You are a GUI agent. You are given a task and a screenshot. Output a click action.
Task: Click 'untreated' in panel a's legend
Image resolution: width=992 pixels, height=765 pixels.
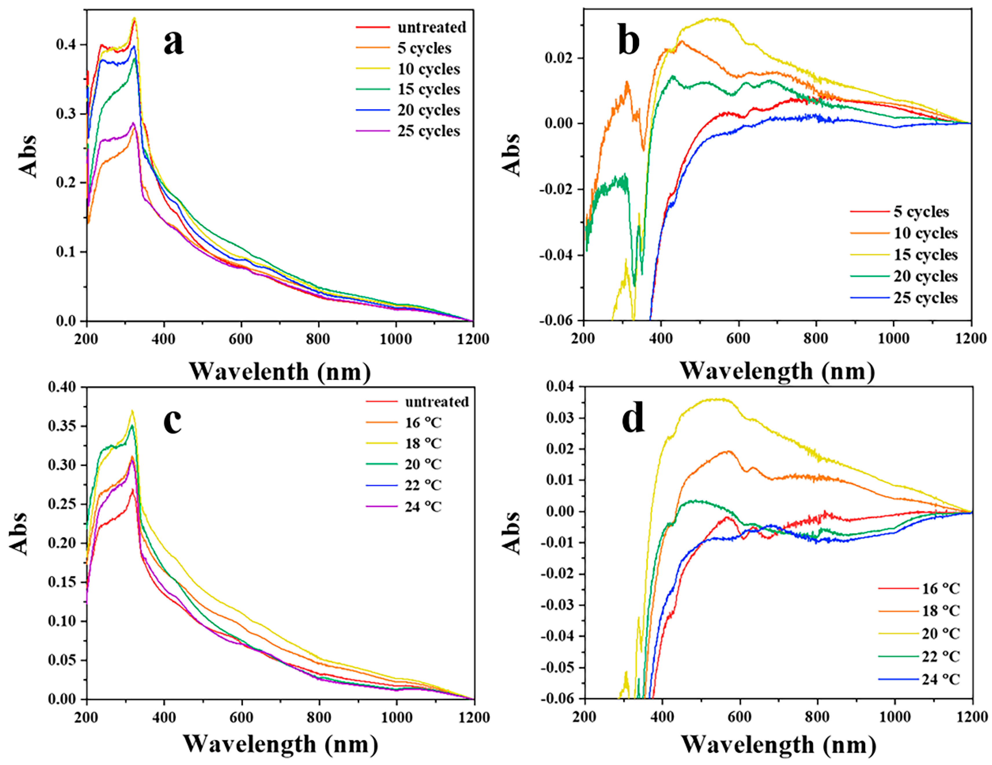431,27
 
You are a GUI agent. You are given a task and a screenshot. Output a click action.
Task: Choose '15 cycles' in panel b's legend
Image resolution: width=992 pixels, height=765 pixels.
925,255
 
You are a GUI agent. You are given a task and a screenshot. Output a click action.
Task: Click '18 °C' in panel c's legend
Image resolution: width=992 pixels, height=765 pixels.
423,443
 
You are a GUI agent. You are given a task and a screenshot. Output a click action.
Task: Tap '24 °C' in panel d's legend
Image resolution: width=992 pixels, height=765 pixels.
941,680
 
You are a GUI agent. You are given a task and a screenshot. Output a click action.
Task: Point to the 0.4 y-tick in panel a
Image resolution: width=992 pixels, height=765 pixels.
66,45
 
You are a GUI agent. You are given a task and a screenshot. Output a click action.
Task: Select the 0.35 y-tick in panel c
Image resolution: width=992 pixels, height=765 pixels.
63,426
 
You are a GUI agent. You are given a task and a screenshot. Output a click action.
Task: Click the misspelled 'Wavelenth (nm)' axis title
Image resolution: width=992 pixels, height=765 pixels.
280,372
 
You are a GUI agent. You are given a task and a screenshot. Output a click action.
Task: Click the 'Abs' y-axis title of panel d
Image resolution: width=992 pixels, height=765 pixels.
512,533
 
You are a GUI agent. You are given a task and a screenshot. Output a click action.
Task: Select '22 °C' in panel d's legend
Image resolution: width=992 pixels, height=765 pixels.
941,657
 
